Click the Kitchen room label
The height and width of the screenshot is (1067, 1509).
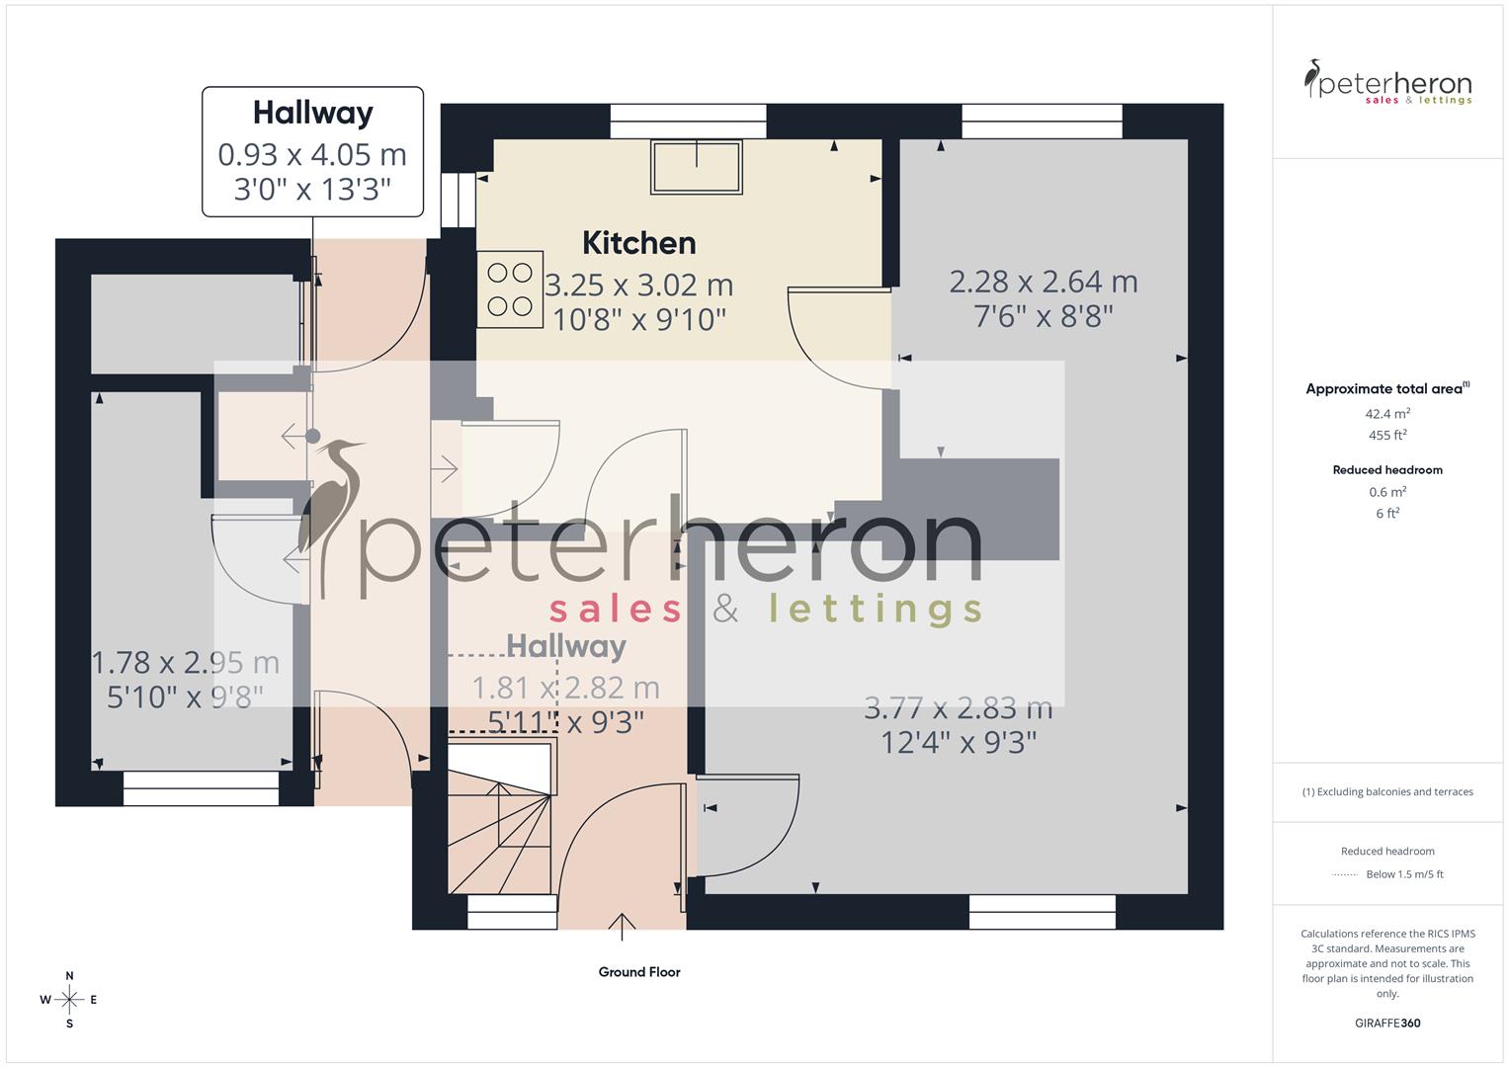click(x=638, y=243)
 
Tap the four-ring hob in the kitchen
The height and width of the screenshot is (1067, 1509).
click(x=510, y=288)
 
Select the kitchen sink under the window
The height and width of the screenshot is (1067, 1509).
click(x=696, y=167)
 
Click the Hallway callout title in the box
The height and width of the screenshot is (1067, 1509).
click(x=312, y=113)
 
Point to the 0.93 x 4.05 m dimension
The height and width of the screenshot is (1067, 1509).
click(x=312, y=155)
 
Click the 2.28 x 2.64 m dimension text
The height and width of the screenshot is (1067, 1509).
click(x=1044, y=283)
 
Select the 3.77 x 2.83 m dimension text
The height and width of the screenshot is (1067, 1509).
click(x=958, y=708)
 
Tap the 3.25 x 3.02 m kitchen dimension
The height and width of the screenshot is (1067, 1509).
click(x=639, y=286)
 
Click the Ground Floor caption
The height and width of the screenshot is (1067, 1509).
click(x=639, y=972)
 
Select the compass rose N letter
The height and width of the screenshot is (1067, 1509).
click(x=69, y=976)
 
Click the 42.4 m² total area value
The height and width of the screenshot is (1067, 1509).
click(x=1387, y=414)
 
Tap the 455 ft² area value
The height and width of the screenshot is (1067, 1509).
click(x=1387, y=436)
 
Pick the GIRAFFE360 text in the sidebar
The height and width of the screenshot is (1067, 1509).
click(x=1387, y=1024)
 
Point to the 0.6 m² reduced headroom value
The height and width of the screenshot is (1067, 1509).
click(x=1387, y=492)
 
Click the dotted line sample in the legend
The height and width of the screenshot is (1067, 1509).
click(x=1344, y=874)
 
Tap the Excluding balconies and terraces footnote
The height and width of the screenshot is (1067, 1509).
click(x=1387, y=792)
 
